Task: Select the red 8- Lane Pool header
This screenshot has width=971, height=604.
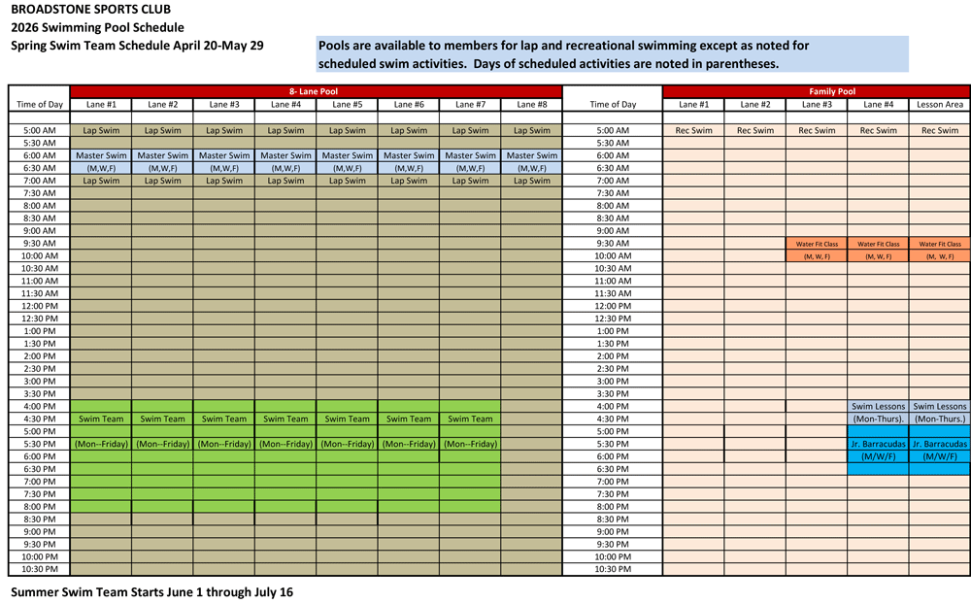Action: coord(316,91)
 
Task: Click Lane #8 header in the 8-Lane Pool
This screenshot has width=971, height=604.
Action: coord(531,104)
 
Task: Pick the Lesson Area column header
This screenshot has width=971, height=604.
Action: coord(940,104)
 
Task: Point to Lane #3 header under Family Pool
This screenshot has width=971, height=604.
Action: coord(817,104)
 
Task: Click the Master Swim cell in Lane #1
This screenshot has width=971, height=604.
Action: coord(101,155)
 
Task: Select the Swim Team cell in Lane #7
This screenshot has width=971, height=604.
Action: coord(470,419)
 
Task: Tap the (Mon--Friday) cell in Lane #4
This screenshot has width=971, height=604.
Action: coord(285,444)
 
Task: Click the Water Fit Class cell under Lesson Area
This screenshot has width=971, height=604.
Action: coord(940,244)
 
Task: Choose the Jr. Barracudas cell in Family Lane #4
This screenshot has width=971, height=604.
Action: coord(878,444)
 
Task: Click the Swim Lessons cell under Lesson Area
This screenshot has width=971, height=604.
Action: coord(940,407)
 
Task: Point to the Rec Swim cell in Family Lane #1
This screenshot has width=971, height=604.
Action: coord(693,130)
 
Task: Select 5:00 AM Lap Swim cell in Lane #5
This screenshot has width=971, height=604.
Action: coord(347,130)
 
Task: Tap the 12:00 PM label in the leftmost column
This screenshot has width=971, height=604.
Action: coord(40,306)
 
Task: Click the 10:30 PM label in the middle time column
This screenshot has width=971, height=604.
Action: coord(613,569)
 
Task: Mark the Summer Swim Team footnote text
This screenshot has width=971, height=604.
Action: coord(151,591)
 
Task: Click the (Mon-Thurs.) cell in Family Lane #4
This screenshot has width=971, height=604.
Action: coord(878,419)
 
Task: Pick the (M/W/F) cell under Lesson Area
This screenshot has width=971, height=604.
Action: coord(940,456)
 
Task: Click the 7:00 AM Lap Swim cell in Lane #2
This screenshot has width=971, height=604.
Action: coord(162,181)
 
